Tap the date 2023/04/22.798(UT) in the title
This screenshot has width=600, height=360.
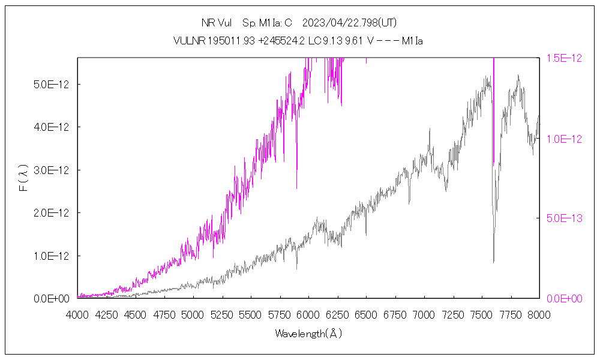coord(349,23)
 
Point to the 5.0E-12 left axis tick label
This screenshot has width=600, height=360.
coord(52,85)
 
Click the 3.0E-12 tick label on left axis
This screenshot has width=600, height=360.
coord(52,170)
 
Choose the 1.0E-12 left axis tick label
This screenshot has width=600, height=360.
coord(52,256)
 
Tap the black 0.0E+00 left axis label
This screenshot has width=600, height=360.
coord(52,299)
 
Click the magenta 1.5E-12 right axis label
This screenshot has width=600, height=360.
coord(564,58)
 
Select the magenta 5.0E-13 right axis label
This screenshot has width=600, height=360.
coord(564,218)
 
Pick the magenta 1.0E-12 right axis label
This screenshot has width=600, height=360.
coord(564,139)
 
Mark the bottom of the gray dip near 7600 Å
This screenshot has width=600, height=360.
coord(494,262)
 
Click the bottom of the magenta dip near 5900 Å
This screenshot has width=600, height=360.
coord(296,188)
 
